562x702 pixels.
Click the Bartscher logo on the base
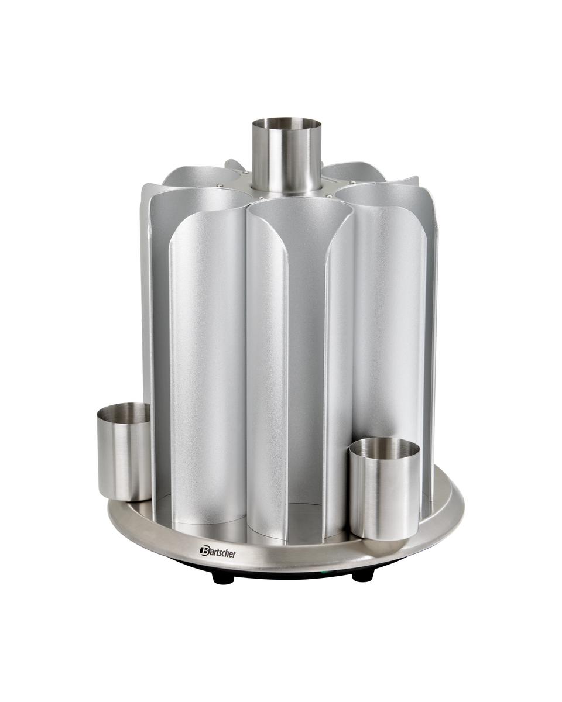coord(218,551)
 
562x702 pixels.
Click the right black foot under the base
coord(362,574)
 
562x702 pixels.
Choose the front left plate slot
coord(208,363)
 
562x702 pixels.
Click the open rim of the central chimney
coord(287,124)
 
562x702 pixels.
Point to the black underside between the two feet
coord(293,573)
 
